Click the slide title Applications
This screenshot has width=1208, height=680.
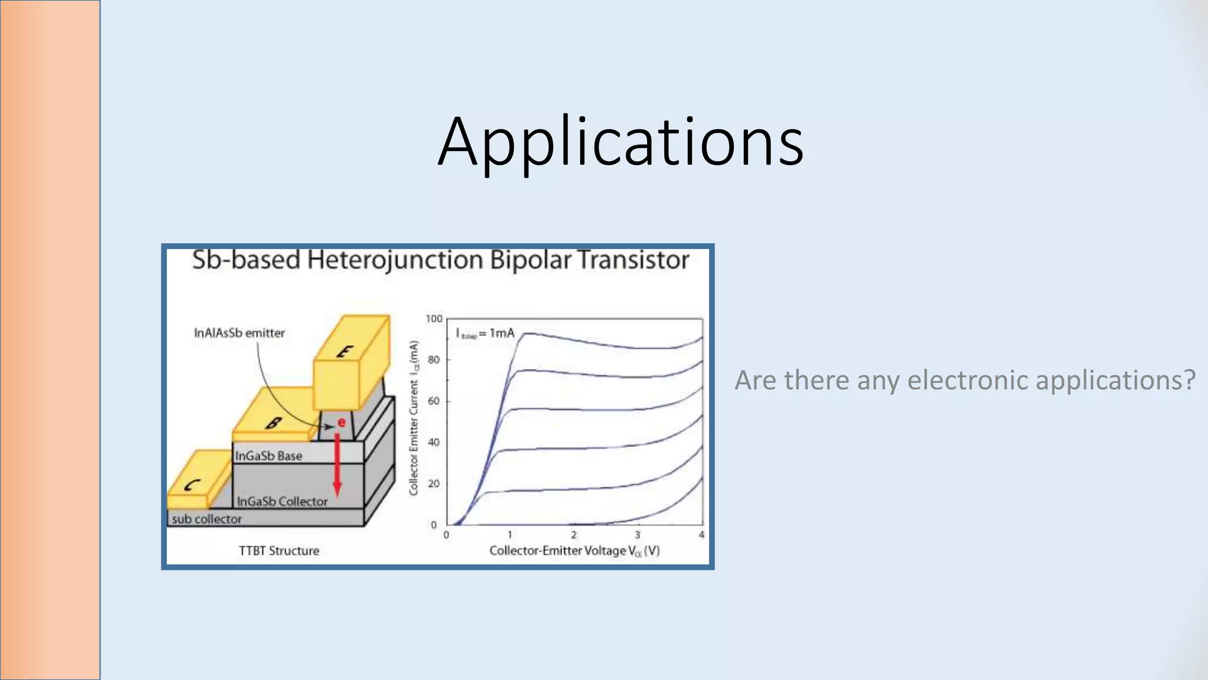621,142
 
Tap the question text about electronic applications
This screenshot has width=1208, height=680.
964,380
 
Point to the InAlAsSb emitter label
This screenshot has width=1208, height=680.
239,333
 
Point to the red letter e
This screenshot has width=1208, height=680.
341,422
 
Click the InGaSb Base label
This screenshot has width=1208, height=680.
268,456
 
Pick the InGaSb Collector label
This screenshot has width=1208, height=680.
282,501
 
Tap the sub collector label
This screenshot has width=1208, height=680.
206,519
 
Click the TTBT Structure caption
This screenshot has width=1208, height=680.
278,551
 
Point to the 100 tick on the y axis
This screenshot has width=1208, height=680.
434,319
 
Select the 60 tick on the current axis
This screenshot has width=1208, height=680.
434,401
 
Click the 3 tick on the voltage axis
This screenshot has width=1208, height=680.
637,535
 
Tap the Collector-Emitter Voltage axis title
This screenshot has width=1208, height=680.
574,551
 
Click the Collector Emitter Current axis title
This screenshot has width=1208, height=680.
414,418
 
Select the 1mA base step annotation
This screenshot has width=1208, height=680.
485,334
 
